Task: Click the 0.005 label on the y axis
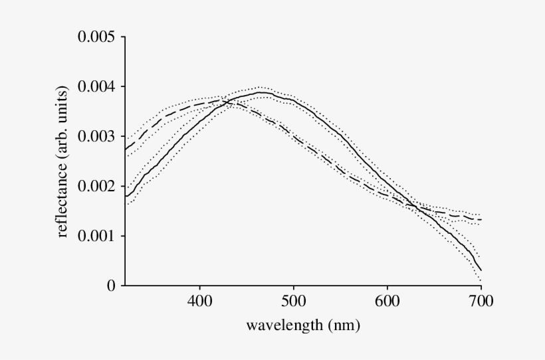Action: pyautogui.click(x=97, y=37)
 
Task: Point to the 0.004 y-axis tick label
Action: pyautogui.click(x=97, y=87)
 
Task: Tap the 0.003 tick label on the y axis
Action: pyautogui.click(x=97, y=137)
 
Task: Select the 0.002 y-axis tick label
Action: pyautogui.click(x=97, y=187)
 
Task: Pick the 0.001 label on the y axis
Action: pyautogui.click(x=97, y=236)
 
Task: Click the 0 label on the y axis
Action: pyautogui.click(x=110, y=286)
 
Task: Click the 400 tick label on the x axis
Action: pyautogui.click(x=199, y=303)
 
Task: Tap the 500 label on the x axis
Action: pyautogui.click(x=293, y=303)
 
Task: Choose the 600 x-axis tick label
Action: pyautogui.click(x=387, y=303)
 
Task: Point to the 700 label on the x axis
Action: pyautogui.click(x=481, y=303)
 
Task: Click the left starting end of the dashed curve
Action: pyautogui.click(x=126, y=149)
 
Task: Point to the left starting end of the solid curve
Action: pyautogui.click(x=126, y=196)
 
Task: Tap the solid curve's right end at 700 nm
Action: pyautogui.click(x=481, y=270)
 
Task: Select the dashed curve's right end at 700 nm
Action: pyautogui.click(x=481, y=219)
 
